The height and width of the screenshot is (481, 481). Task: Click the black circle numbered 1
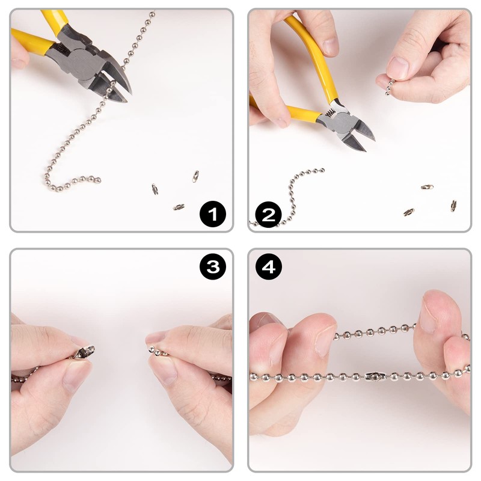(213, 214)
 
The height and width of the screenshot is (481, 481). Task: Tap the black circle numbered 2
(268, 215)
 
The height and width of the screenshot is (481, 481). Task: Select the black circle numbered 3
(213, 266)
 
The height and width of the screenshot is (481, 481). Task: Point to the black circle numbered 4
(269, 266)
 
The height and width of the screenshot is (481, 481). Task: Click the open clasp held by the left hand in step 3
(84, 352)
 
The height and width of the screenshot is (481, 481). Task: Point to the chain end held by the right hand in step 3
(156, 351)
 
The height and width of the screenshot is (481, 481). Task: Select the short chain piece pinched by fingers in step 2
(390, 87)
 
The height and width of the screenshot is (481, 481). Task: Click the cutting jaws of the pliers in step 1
(117, 84)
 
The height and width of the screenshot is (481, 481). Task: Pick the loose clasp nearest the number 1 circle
(179, 207)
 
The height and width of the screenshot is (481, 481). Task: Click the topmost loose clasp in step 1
(195, 176)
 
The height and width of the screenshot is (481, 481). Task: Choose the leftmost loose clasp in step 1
(155, 189)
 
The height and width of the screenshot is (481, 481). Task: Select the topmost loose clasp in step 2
(427, 186)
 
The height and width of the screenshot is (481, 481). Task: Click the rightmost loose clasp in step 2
(453, 206)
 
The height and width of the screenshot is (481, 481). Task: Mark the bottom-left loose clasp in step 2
(409, 212)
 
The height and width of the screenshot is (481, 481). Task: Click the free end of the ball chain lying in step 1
(98, 180)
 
